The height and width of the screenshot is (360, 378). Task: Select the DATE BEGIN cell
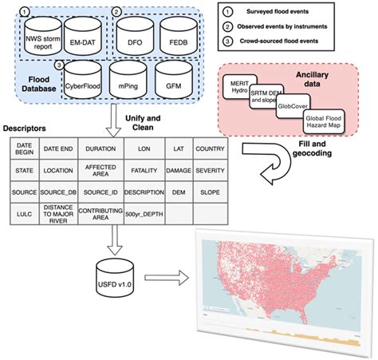click(x=22, y=148)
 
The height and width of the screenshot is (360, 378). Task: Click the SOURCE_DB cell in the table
click(x=60, y=192)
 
